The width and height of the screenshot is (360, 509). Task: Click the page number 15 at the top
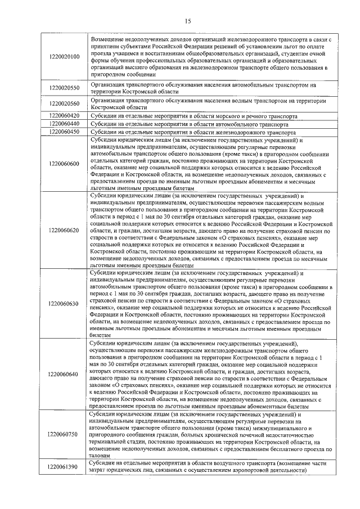[x=188, y=21]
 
